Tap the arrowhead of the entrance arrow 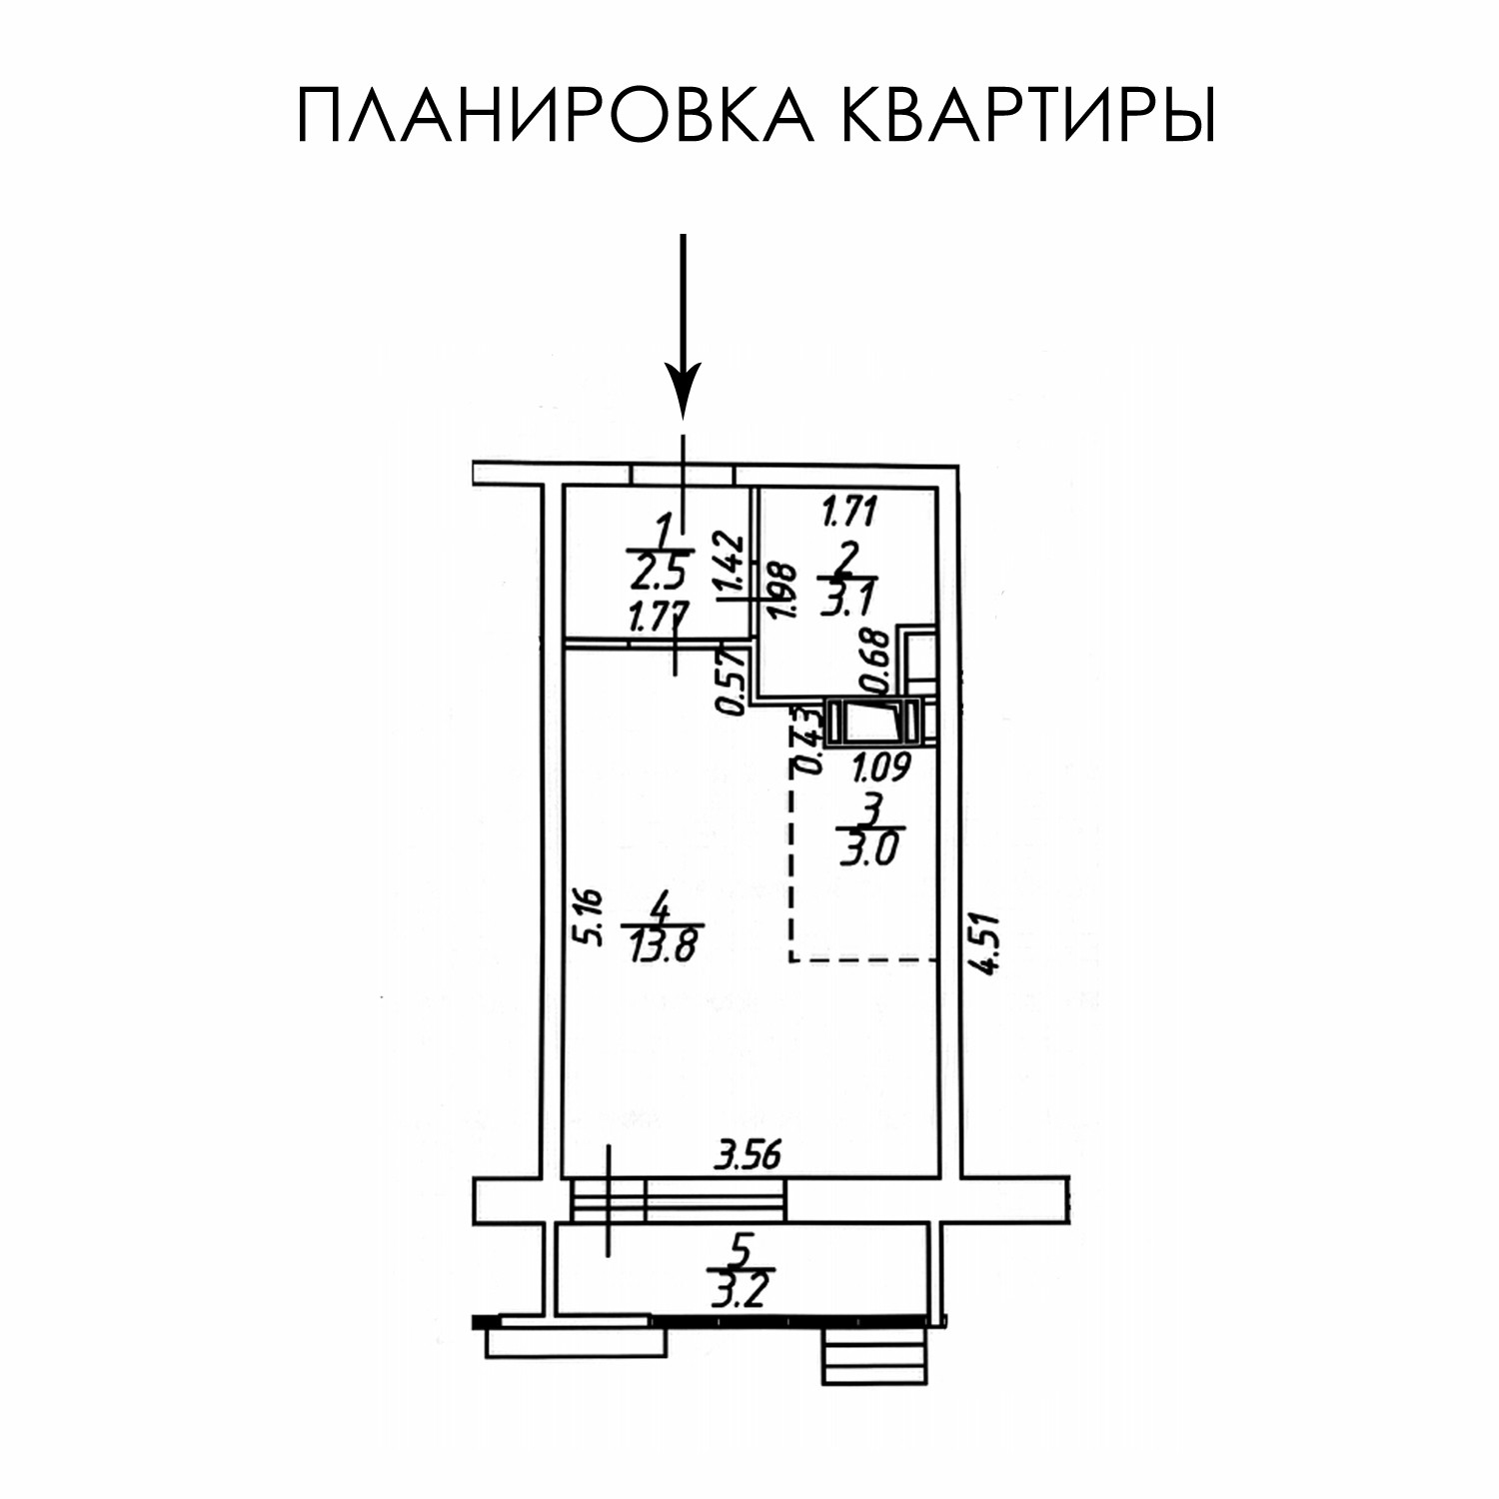(683, 396)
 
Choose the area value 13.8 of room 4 (661, 945)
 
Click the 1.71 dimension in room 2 (847, 514)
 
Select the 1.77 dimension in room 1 (655, 619)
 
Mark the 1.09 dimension (879, 767)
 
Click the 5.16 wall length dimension (592, 918)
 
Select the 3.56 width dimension (746, 1156)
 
